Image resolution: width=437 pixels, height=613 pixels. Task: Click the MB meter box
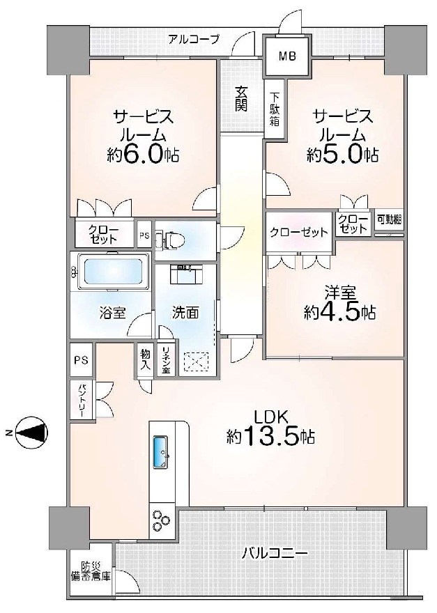288,56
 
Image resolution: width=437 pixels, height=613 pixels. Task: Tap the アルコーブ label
194,40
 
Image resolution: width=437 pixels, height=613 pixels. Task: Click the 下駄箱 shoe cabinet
275,108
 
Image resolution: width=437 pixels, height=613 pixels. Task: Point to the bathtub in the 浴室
110,271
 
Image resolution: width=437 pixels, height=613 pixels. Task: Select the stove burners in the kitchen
161,520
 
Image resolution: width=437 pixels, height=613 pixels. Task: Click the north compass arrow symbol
31,433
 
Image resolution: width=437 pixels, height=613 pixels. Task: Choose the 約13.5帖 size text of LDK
271,436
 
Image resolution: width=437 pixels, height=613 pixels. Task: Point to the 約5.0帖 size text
342,155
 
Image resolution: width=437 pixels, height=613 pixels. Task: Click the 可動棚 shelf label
389,219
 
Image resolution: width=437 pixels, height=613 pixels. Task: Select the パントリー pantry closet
82,400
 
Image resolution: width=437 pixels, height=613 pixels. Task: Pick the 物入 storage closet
146,359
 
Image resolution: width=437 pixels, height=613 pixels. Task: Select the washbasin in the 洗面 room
186,274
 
